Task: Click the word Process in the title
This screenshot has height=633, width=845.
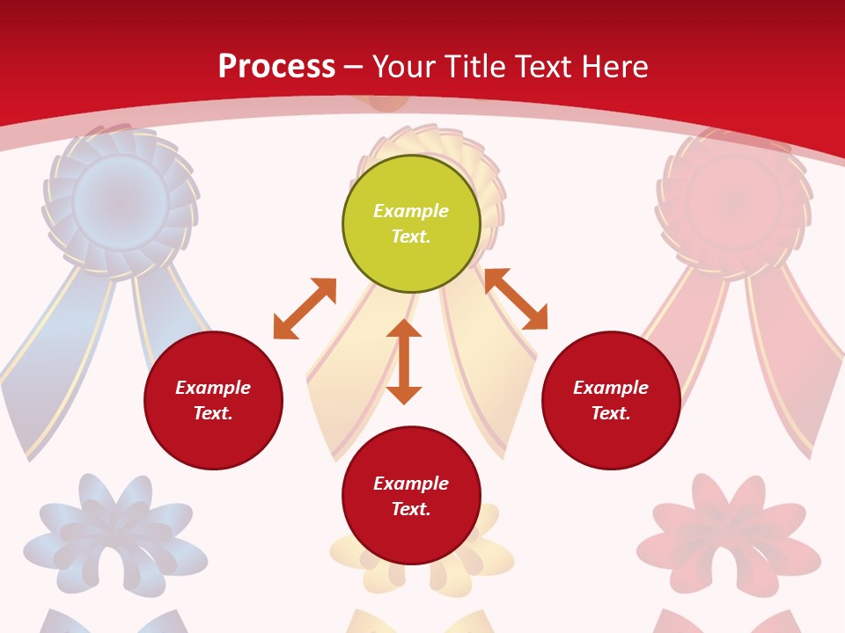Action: pos(276,67)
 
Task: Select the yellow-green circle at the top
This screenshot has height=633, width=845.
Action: pos(411,223)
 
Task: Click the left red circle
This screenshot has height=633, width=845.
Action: pos(213,400)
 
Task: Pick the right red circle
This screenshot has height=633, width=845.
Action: pos(611,400)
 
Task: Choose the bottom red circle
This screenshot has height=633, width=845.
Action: pos(411,496)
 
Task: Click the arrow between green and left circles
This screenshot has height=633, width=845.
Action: pos(305,309)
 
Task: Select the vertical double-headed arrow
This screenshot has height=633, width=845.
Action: pos(404,361)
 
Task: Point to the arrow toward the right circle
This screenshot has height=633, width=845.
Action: pos(516,299)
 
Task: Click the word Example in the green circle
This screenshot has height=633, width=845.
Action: pos(411,211)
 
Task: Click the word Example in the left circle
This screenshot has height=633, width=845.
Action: pos(213,388)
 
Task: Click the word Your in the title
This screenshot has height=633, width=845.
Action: pos(401,67)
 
